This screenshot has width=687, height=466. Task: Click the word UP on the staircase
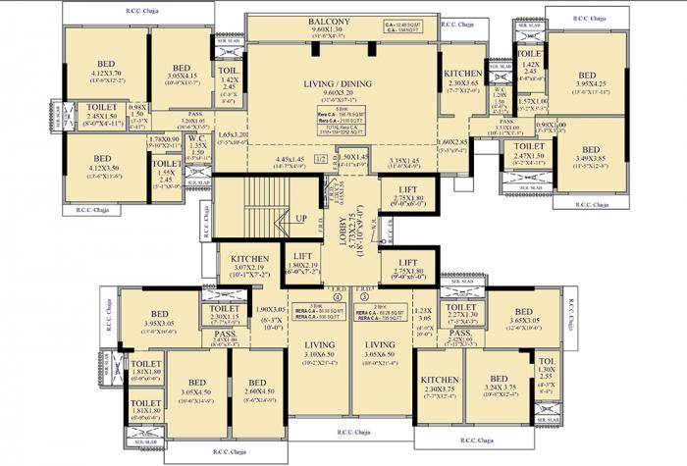pyautogui.click(x=301, y=218)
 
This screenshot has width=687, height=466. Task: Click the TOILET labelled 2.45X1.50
pyautogui.click(x=102, y=110)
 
